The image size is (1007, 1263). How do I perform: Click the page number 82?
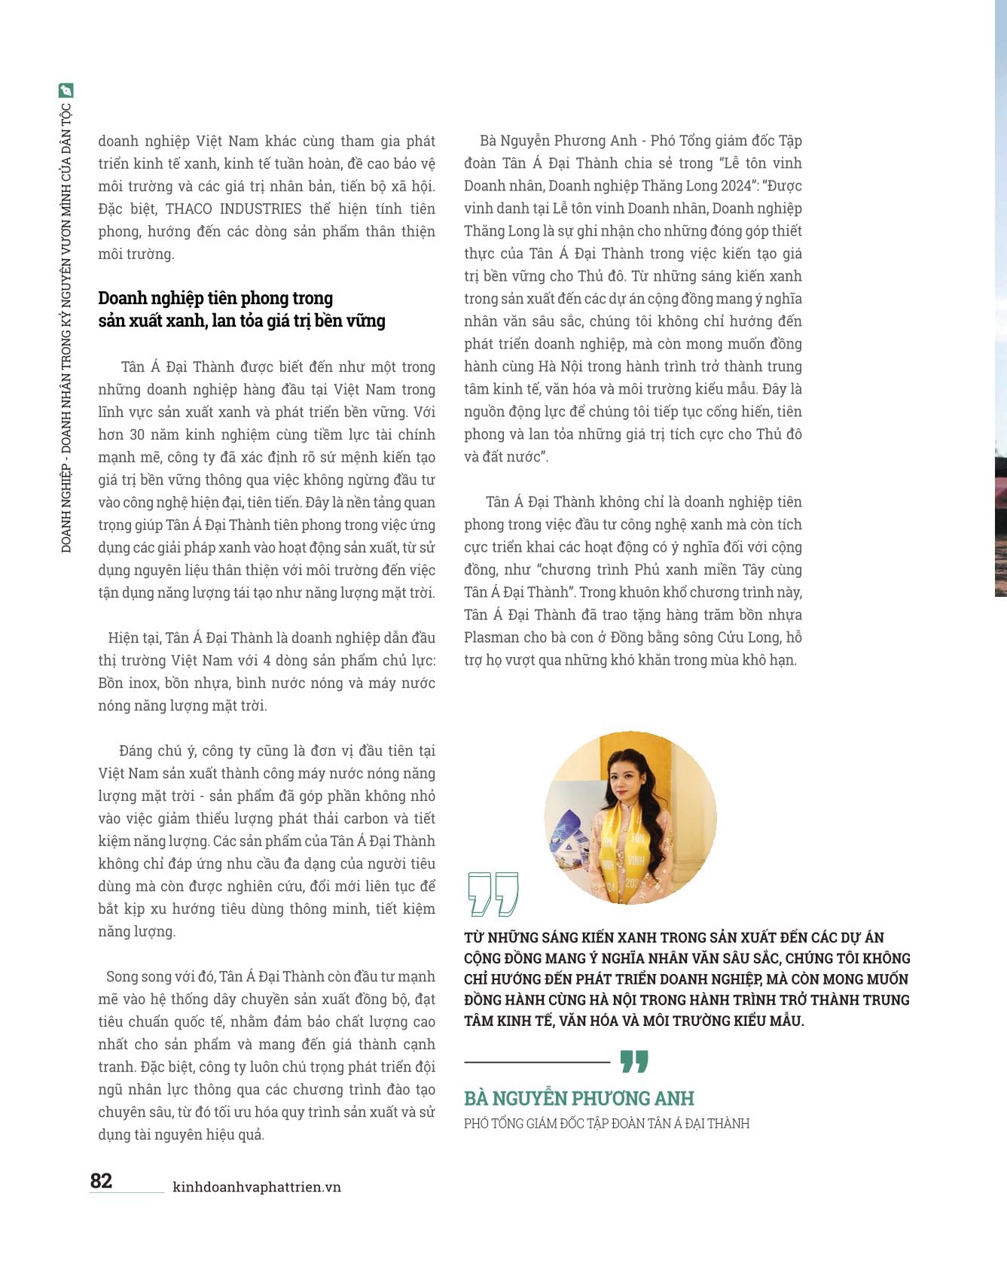pyautogui.click(x=101, y=1180)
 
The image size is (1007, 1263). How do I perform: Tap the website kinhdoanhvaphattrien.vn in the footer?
pyautogui.click(x=257, y=1187)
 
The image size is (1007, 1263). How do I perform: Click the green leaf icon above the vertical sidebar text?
pyautogui.click(x=66, y=91)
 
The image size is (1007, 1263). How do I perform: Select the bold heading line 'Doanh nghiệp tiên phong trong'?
pyautogui.click(x=215, y=298)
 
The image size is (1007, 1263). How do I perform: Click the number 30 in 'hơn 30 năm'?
pyautogui.click(x=137, y=434)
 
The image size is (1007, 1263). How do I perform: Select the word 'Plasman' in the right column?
pyautogui.click(x=491, y=638)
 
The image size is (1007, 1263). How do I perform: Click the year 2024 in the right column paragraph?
pyautogui.click(x=736, y=186)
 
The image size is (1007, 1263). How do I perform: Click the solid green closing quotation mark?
pyautogui.click(x=634, y=1061)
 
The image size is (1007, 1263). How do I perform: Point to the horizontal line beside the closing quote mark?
pyautogui.click(x=536, y=1062)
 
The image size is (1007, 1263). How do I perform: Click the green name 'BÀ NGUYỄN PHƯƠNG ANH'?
pyautogui.click(x=578, y=1098)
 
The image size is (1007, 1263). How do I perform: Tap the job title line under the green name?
pyautogui.click(x=606, y=1124)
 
